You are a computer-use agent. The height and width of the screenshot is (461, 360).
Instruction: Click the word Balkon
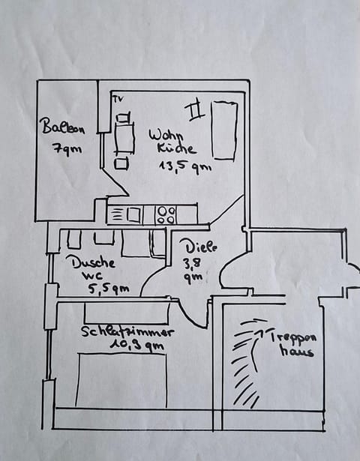(x=63, y=127)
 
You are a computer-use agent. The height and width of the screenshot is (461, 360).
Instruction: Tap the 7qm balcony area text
(x=67, y=148)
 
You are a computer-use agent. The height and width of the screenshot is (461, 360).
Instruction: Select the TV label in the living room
(x=118, y=99)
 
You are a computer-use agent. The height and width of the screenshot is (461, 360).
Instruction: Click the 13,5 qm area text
(x=185, y=167)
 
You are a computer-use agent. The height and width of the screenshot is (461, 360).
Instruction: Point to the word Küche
(x=176, y=148)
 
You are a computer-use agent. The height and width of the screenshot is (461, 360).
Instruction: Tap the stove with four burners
(x=166, y=215)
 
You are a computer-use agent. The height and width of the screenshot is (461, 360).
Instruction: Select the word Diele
(x=201, y=246)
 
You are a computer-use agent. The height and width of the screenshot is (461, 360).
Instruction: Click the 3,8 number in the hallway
(x=192, y=263)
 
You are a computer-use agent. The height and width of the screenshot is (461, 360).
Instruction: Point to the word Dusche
(x=94, y=262)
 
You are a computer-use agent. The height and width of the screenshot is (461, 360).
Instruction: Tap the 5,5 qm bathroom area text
(x=109, y=289)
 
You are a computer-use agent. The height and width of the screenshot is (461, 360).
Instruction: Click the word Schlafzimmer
(x=127, y=332)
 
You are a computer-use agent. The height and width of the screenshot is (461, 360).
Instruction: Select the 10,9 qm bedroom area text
(x=137, y=345)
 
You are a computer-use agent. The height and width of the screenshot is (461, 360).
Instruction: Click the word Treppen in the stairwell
(x=292, y=337)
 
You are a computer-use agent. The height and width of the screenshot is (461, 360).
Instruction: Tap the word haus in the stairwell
(x=296, y=351)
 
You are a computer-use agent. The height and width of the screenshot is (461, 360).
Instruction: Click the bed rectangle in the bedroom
(x=121, y=380)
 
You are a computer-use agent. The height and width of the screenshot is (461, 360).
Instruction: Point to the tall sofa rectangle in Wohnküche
(x=224, y=130)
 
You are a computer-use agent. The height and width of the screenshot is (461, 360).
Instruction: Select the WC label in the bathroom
(x=92, y=276)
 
